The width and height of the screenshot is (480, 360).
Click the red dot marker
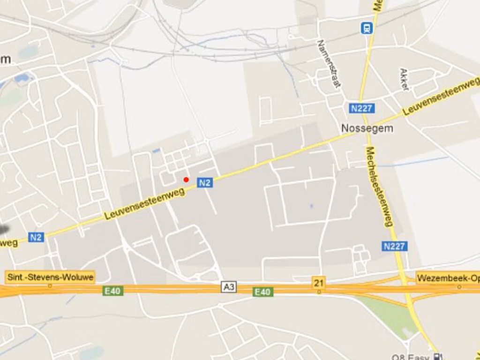point(186,180)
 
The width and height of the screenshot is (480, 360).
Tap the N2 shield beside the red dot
point(204,183)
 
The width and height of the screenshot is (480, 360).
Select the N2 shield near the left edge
point(36,237)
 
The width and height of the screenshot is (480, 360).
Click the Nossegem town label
point(367,128)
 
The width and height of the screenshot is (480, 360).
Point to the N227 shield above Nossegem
point(361,108)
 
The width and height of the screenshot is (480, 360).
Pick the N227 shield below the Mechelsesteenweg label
point(394,246)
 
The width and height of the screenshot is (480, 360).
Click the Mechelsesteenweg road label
point(379,187)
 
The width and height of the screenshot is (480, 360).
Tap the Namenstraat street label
point(329,64)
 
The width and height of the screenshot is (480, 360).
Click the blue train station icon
point(366,28)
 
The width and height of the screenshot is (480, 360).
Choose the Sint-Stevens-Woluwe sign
point(50,277)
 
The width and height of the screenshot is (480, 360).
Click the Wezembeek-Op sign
point(448,278)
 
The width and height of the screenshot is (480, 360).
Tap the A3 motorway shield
point(229,287)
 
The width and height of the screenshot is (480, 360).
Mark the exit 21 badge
point(319,283)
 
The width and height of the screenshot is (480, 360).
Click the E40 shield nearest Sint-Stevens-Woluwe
point(112,291)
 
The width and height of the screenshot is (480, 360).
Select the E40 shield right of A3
point(262,292)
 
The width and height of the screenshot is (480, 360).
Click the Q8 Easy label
point(412,357)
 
